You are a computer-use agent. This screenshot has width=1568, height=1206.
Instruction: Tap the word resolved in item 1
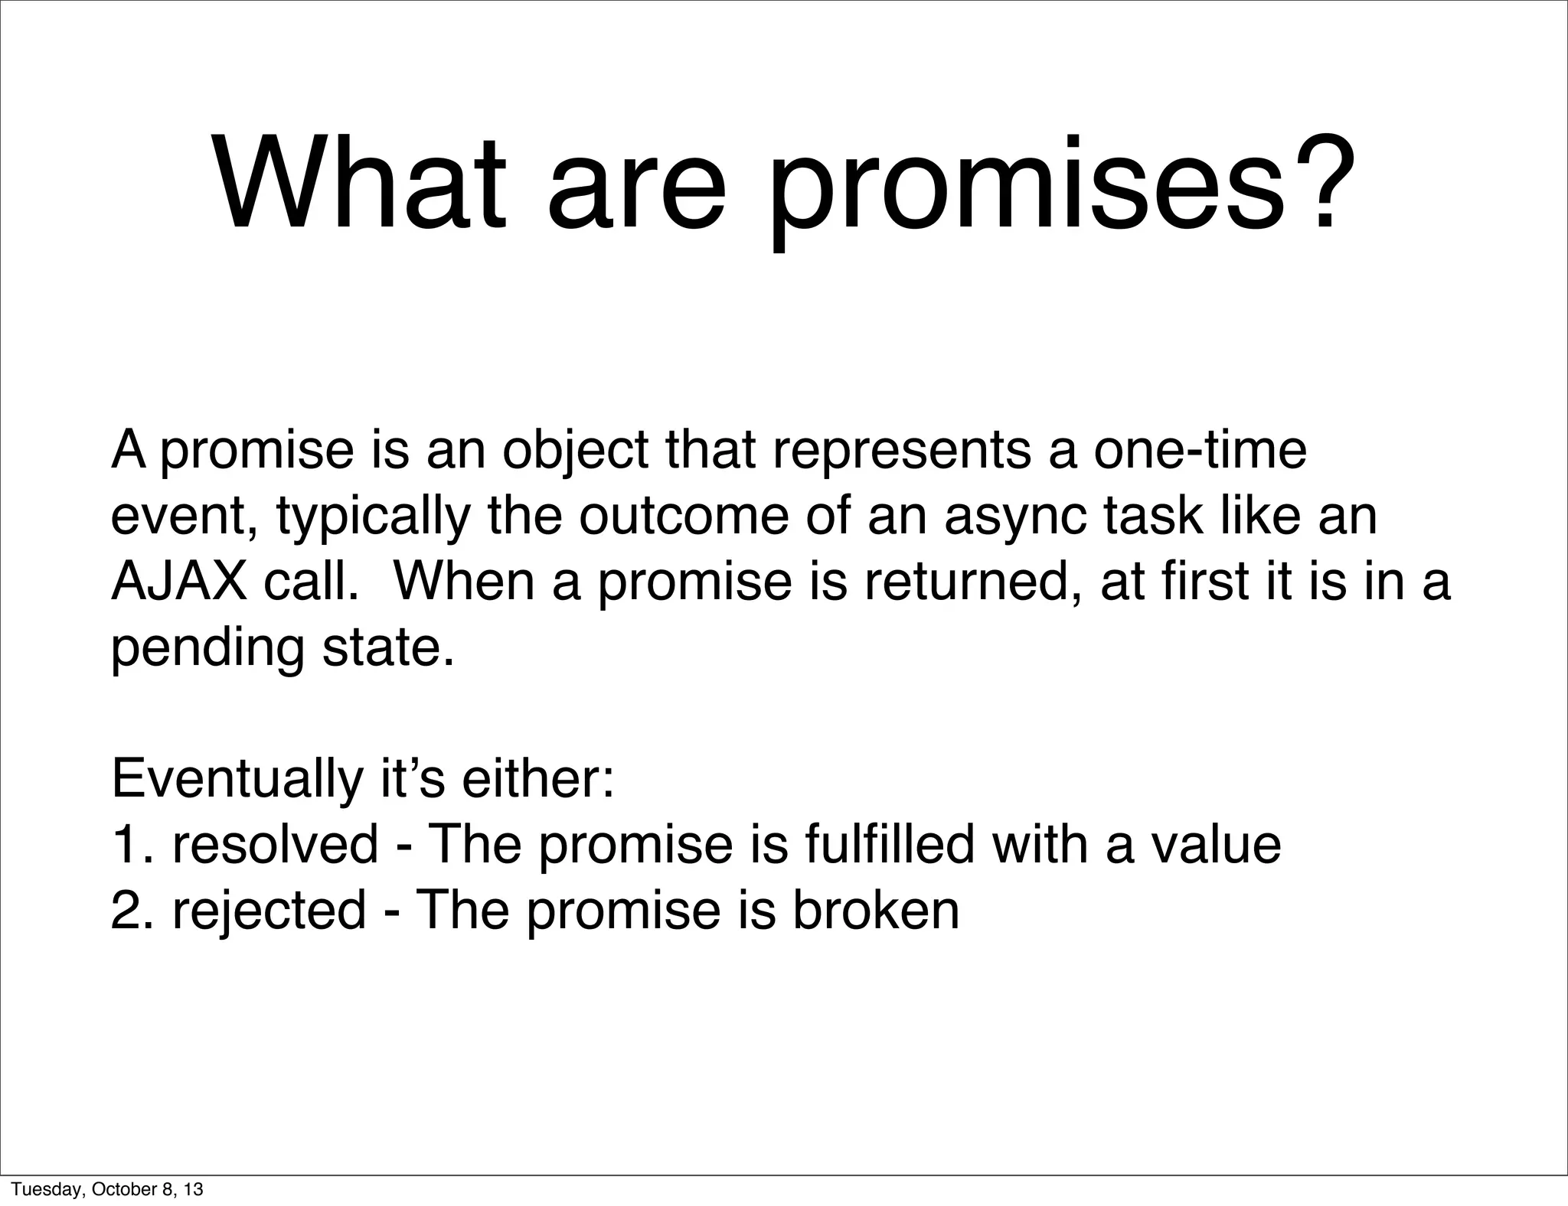(x=276, y=845)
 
